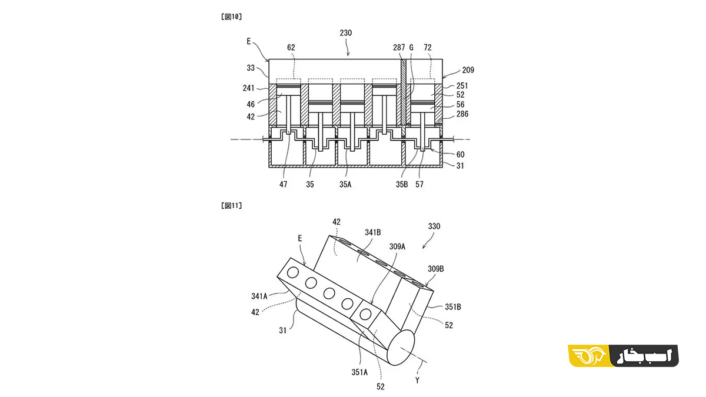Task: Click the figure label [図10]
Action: tap(232, 16)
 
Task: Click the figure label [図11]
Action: tap(232, 206)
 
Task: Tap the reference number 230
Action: tap(346, 33)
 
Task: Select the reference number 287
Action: tap(399, 47)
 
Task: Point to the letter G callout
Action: tap(411, 47)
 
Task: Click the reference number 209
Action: tap(468, 70)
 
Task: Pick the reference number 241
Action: tap(248, 88)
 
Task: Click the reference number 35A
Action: tap(345, 184)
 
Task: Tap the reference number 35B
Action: tap(402, 184)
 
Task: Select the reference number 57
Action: tap(419, 184)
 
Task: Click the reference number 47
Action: tap(284, 184)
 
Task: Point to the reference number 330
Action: tap(434, 226)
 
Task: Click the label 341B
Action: tap(373, 232)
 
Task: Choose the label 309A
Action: tap(397, 246)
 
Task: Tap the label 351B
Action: tap(453, 307)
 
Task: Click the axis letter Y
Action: tap(417, 381)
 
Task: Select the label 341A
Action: tap(259, 296)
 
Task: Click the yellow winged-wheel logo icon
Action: tap(589, 356)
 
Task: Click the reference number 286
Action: tap(462, 114)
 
